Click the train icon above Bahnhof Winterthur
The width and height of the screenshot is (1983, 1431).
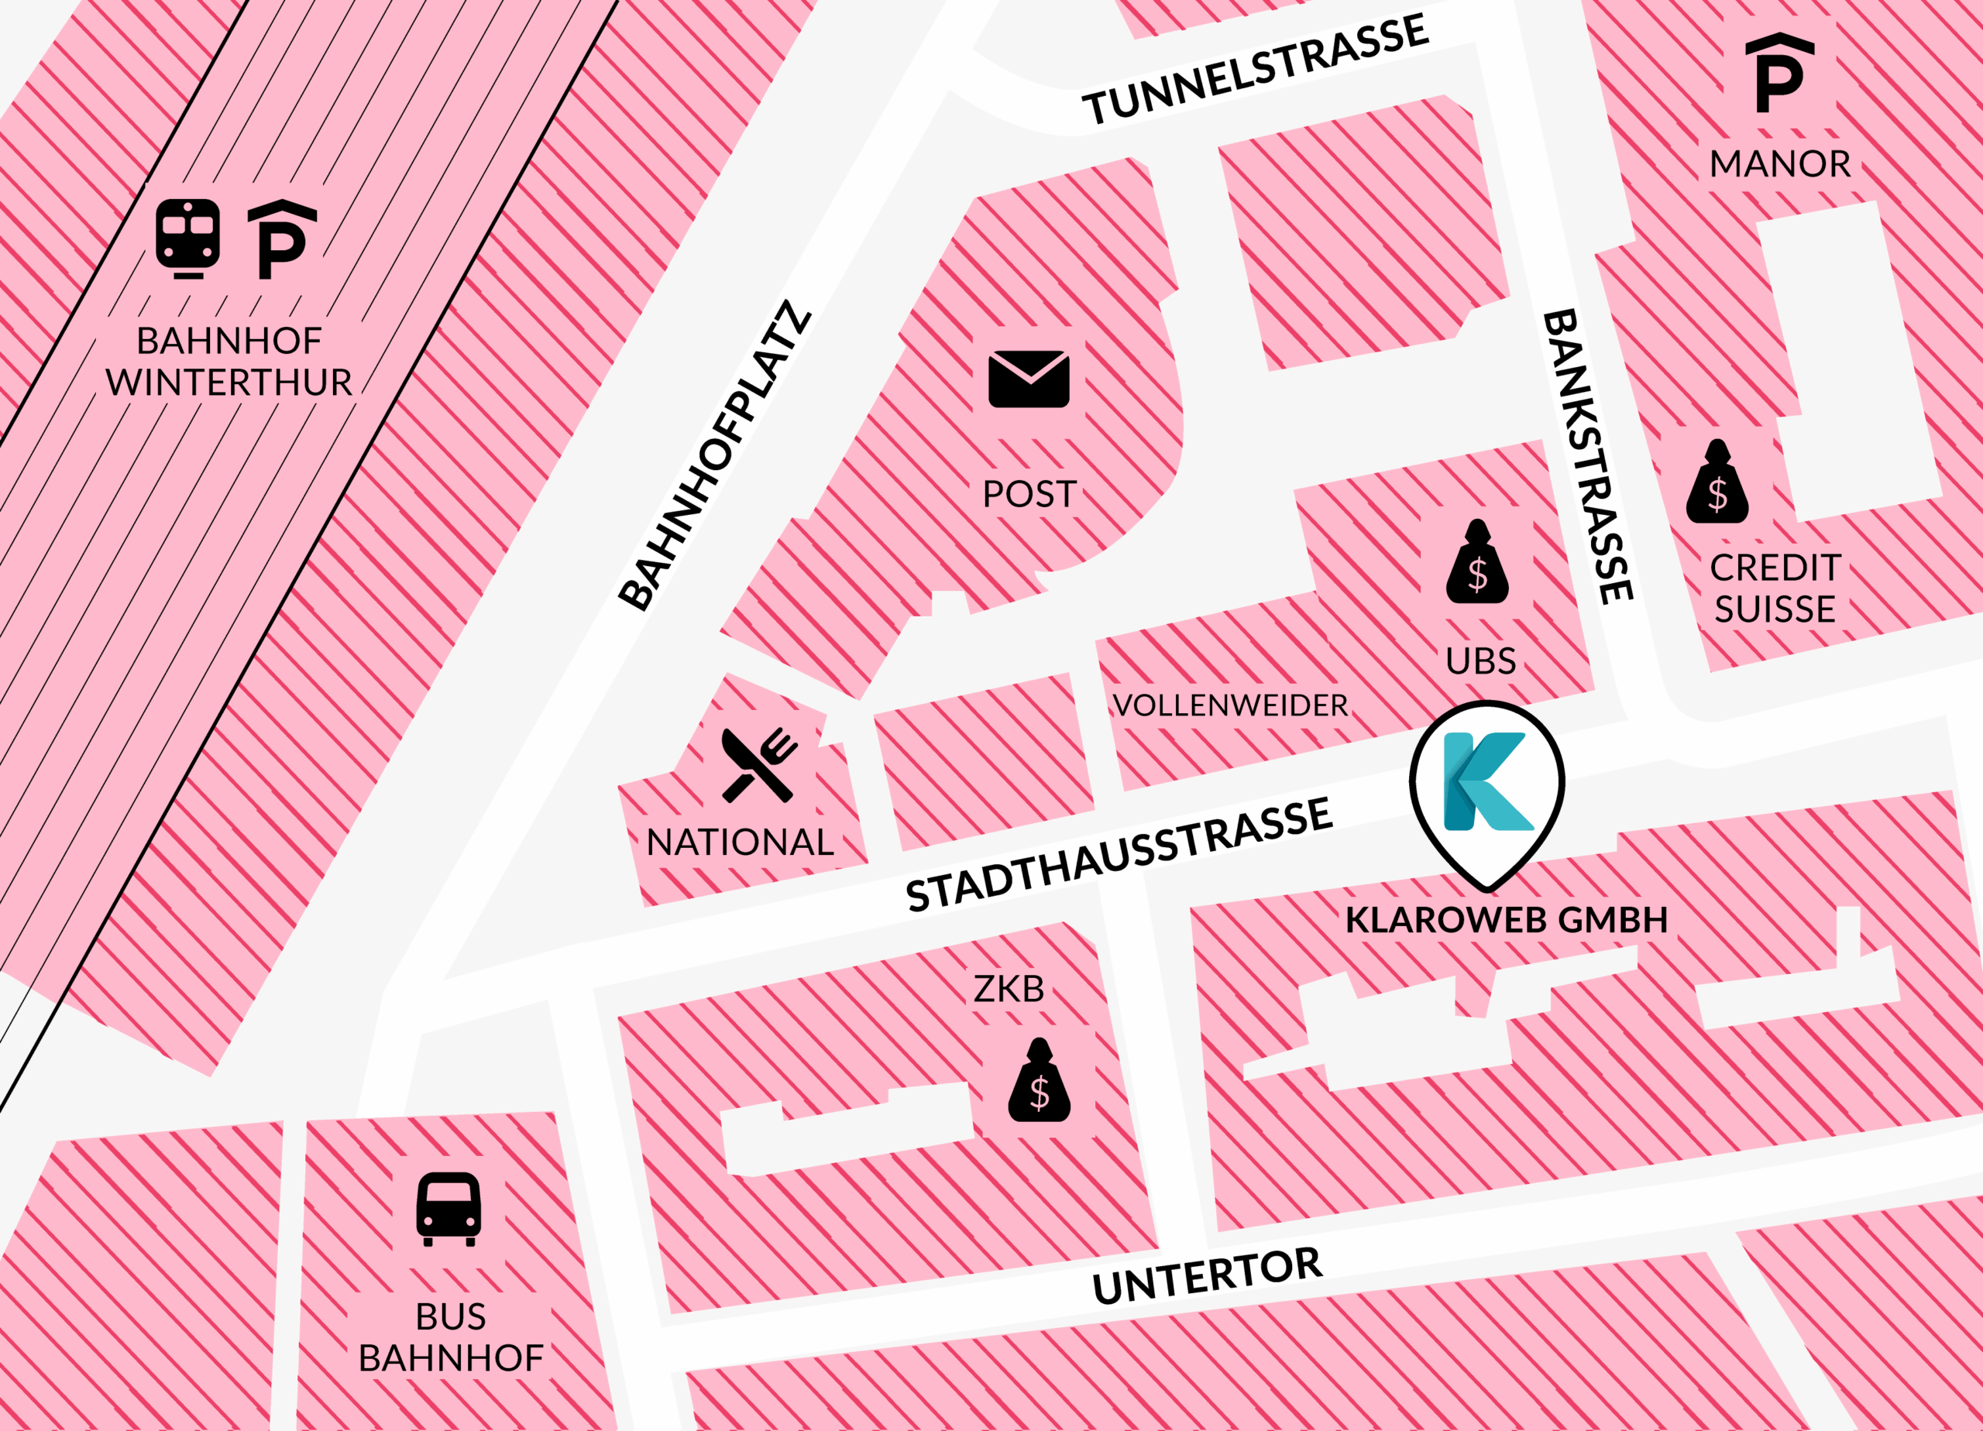[x=187, y=238]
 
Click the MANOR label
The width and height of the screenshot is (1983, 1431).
[x=1779, y=164]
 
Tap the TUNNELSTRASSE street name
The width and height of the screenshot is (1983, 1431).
[x=1255, y=70]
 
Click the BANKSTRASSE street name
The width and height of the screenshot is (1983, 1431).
[x=1586, y=456]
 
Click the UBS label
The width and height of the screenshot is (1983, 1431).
[x=1480, y=661]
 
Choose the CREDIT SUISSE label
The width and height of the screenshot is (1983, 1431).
[x=1775, y=589]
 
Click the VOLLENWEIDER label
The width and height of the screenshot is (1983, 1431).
[x=1229, y=705]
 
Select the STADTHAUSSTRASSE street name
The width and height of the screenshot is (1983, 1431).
[x=1119, y=855]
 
